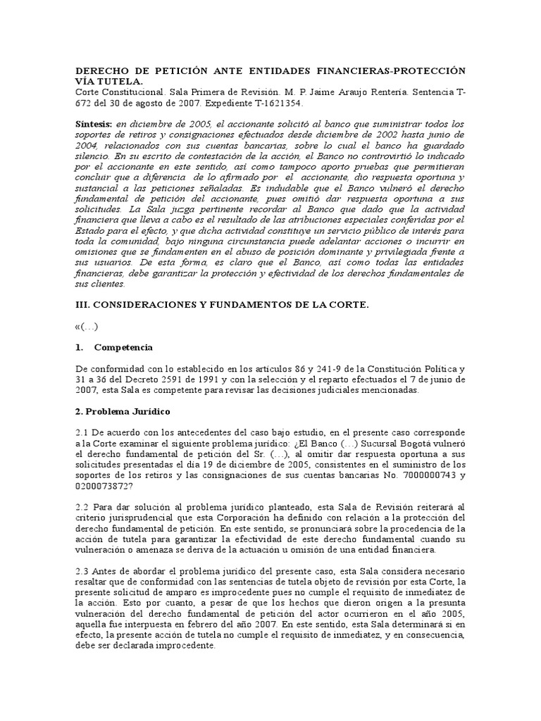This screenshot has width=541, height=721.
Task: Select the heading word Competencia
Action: coord(123,348)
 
